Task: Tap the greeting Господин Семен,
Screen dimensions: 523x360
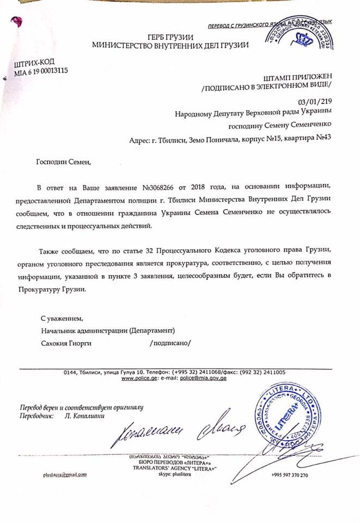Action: tap(61, 161)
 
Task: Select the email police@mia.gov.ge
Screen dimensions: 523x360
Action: tap(203, 378)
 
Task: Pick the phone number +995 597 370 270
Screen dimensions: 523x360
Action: tap(289, 475)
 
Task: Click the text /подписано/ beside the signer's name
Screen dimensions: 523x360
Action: tap(170, 343)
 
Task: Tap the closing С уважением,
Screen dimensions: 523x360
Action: tap(63, 317)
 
